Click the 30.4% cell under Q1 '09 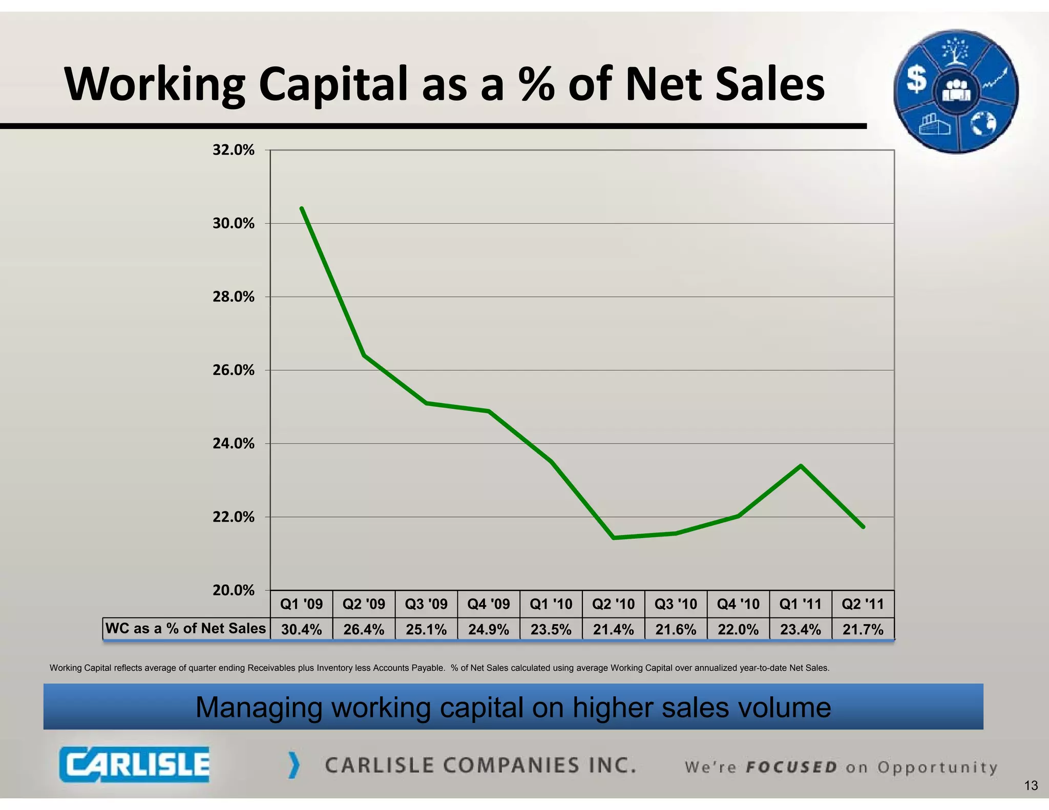point(301,629)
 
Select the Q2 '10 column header point(613,604)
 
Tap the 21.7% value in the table point(863,629)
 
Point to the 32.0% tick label point(234,150)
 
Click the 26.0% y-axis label point(234,370)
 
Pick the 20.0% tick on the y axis point(234,590)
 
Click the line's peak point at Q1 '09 point(302,208)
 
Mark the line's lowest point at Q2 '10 point(614,538)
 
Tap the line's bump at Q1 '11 point(801,466)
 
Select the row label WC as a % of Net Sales point(185,628)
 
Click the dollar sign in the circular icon point(916,80)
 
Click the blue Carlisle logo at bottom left point(134,764)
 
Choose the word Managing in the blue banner point(259,708)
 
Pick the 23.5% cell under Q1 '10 point(551,629)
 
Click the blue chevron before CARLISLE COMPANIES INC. point(293,765)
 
